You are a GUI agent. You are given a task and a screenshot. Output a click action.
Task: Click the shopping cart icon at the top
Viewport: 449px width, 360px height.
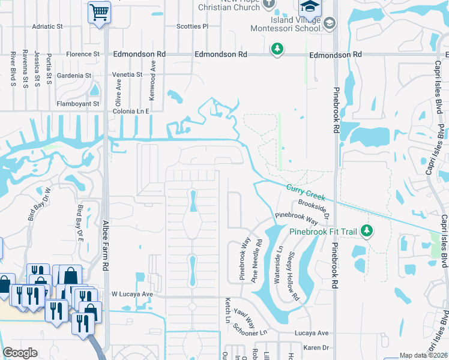pos(99,12)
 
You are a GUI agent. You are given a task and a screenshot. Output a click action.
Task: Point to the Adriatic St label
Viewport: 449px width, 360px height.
pos(48,26)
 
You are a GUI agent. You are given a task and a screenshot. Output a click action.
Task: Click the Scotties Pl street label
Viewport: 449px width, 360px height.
pos(192,26)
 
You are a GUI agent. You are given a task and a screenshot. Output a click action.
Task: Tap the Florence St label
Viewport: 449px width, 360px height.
pos(83,54)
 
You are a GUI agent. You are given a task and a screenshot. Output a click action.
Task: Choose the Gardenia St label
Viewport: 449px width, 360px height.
pos(74,76)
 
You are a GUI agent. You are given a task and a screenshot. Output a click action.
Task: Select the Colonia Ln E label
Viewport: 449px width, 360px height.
pos(130,111)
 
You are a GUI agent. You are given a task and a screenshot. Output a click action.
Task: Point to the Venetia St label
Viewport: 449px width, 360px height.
pos(127,74)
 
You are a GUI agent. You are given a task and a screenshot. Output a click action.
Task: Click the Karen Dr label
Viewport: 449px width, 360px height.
pos(316,347)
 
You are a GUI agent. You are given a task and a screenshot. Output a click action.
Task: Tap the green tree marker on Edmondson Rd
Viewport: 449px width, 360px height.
pos(277,49)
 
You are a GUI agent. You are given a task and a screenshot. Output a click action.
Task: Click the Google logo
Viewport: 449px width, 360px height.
pos(20,353)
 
